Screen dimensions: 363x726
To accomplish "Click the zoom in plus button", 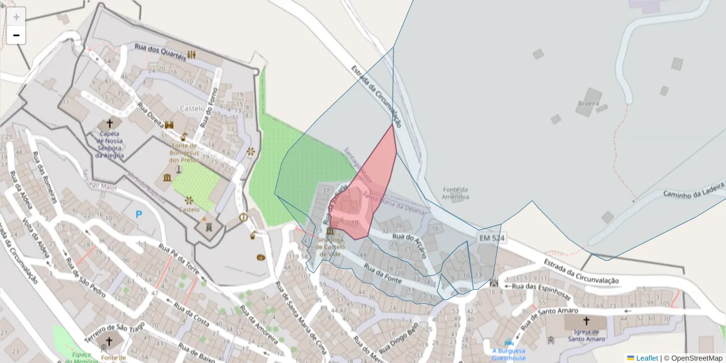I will (x=16, y=17).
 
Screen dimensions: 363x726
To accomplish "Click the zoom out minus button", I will (x=16, y=35).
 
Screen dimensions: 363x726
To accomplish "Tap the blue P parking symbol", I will (x=139, y=214).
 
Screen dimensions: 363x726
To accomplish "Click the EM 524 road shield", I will (x=491, y=238).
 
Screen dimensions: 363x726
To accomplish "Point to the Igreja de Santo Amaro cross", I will (x=586, y=321).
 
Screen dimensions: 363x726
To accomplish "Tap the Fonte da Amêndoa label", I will (x=456, y=193).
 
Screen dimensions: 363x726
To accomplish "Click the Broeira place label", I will (x=588, y=103).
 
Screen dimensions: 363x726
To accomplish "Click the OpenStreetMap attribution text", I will (x=693, y=358).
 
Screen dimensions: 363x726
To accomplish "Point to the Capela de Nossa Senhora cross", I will (x=110, y=123).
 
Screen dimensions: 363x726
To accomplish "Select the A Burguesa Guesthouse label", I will (x=508, y=354).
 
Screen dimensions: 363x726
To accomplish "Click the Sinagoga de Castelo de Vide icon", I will (x=330, y=232).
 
